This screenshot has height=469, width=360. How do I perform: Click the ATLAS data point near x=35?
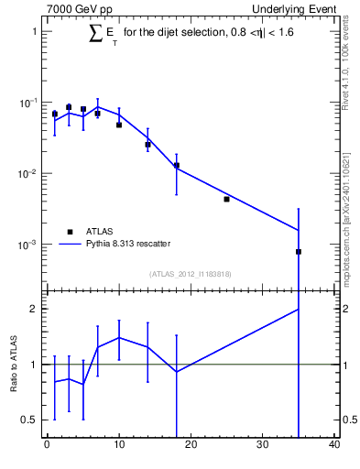299,252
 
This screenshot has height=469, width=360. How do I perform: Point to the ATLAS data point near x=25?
226,199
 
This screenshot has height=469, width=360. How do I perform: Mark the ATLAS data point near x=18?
176,166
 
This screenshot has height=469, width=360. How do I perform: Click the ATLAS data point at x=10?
119,125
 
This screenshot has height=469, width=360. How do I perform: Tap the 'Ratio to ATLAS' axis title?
14,365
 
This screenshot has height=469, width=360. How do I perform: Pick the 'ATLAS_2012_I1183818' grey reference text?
189,273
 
